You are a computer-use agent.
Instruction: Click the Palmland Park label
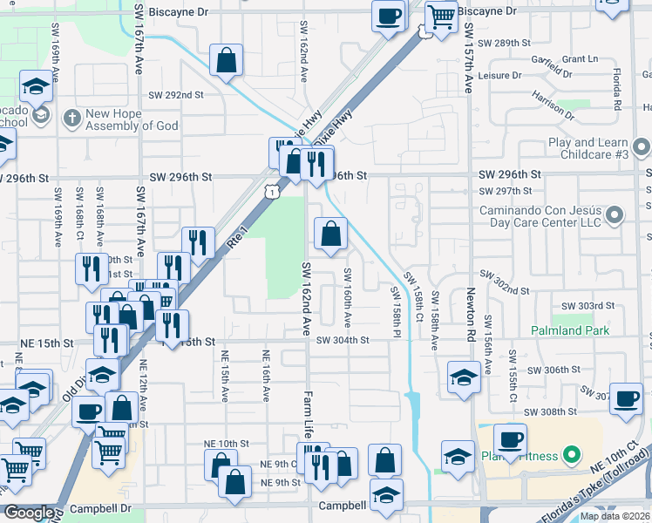[570, 331]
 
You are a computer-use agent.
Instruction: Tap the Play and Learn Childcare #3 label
[588, 148]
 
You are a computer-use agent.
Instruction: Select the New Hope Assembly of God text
[132, 119]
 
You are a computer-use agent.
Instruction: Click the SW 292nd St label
[175, 95]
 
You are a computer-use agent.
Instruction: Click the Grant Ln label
[581, 59]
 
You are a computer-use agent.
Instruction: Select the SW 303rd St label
[588, 306]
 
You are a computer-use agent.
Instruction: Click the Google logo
[28, 513]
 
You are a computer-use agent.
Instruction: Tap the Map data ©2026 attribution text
[615, 516]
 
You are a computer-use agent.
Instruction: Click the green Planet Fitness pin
[571, 454]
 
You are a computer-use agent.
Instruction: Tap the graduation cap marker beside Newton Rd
[463, 378]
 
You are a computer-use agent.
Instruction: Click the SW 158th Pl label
[395, 312]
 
